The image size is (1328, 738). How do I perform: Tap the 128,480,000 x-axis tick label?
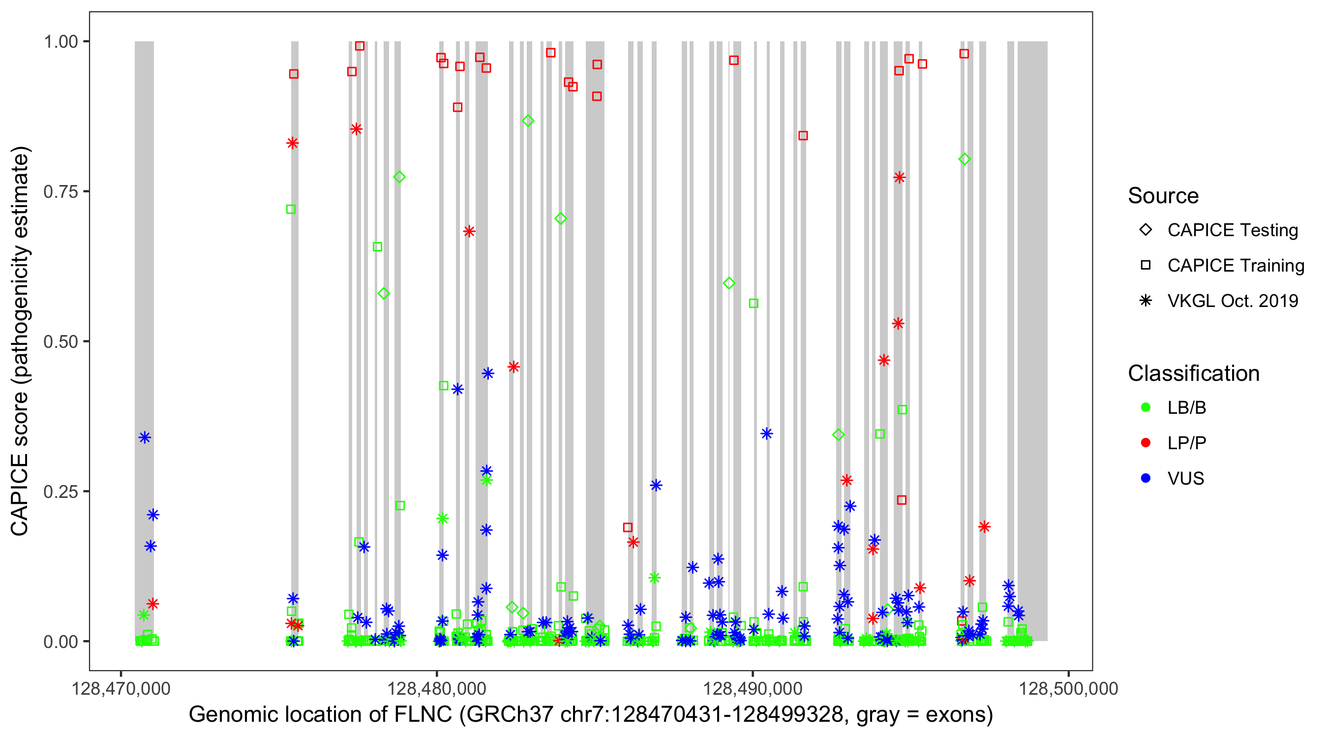(436, 688)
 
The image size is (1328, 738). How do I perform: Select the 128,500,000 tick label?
(1068, 688)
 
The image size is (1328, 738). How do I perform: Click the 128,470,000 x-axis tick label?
(121, 688)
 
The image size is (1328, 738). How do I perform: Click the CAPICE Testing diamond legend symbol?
(1146, 229)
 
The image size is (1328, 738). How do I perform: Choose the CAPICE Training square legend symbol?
(1146, 265)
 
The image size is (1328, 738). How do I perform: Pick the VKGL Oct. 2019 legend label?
(1233, 301)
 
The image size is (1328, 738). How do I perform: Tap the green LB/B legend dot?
(1146, 407)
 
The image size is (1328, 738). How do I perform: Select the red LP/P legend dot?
(1146, 443)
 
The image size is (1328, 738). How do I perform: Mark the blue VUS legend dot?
(1146, 478)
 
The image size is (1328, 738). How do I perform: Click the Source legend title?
(1163, 196)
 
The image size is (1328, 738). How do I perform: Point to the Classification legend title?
(1193, 373)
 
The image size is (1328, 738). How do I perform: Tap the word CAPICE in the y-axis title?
(20, 495)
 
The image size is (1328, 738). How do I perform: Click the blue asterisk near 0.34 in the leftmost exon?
(145, 438)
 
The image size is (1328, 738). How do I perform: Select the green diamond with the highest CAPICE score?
(528, 121)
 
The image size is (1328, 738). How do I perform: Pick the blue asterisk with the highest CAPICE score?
(488, 373)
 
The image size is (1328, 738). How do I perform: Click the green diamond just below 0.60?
(729, 283)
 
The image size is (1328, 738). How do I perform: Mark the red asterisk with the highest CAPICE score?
(356, 129)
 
